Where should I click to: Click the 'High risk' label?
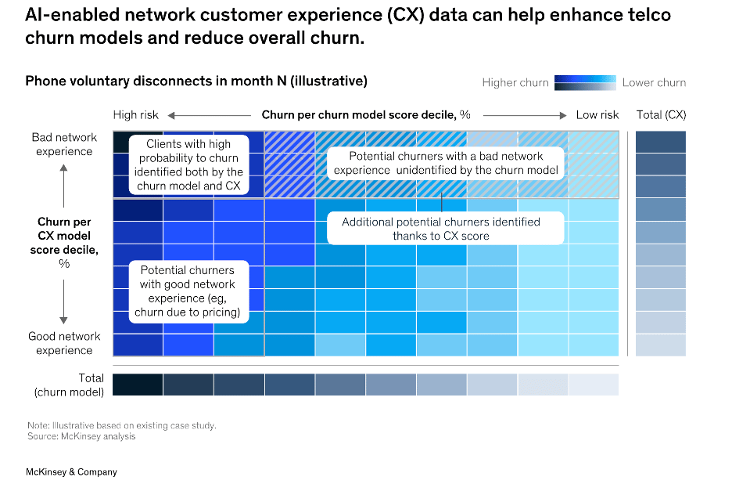[x=136, y=115]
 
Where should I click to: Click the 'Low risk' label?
[x=597, y=115]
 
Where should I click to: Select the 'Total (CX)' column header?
[x=661, y=115]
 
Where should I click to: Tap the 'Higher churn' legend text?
[x=515, y=83]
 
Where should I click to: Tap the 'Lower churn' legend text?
[x=654, y=83]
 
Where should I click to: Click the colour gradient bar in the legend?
[x=586, y=82]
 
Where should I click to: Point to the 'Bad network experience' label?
[x=64, y=144]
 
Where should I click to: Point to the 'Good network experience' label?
[x=64, y=343]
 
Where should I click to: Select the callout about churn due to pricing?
[x=188, y=292]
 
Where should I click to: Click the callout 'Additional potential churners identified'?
[x=441, y=229]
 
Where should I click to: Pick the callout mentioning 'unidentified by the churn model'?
[x=446, y=163]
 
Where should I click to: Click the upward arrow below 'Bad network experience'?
[x=64, y=182]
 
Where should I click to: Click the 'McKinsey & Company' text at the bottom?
[x=71, y=472]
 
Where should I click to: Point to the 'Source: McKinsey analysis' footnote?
[x=81, y=436]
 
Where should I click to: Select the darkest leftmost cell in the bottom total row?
[x=138, y=385]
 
